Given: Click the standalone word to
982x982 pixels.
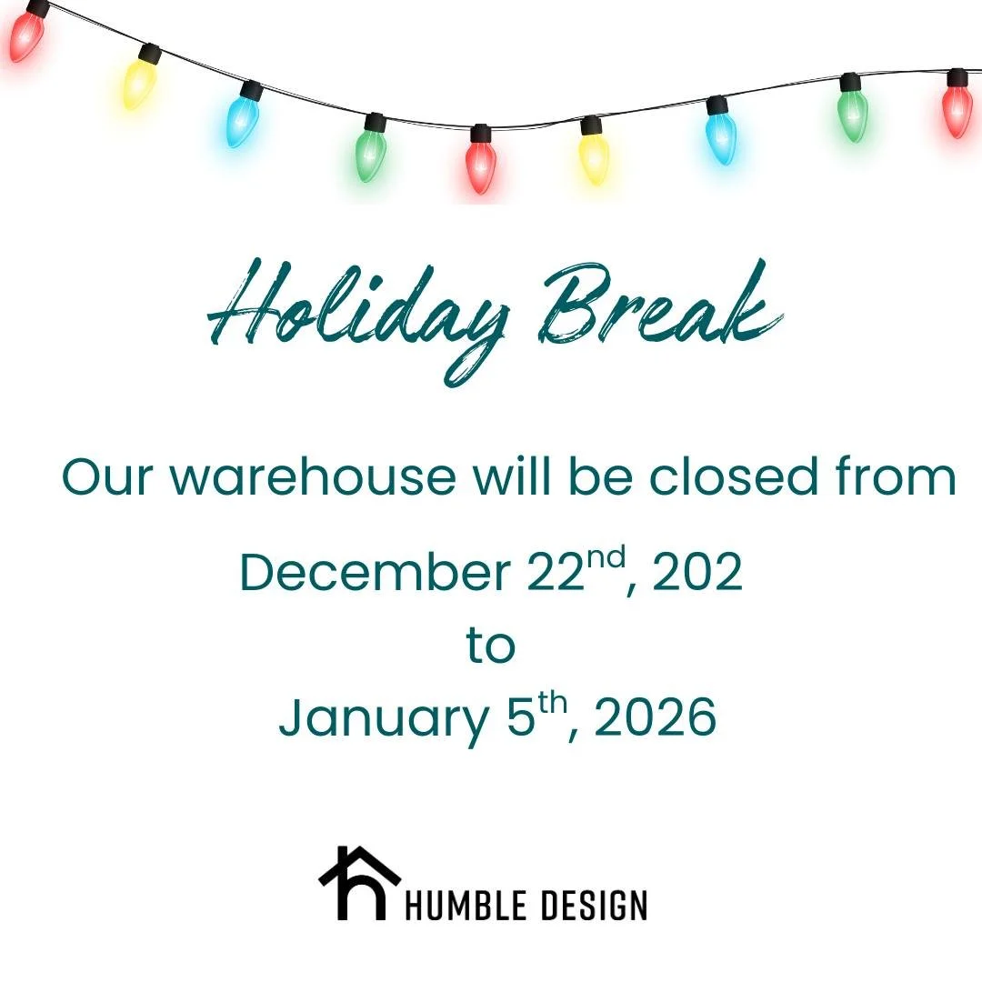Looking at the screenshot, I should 491,646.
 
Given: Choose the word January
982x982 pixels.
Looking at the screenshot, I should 384,718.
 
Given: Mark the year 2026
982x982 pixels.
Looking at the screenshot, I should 656,718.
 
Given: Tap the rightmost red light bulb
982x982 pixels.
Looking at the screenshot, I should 957,106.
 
